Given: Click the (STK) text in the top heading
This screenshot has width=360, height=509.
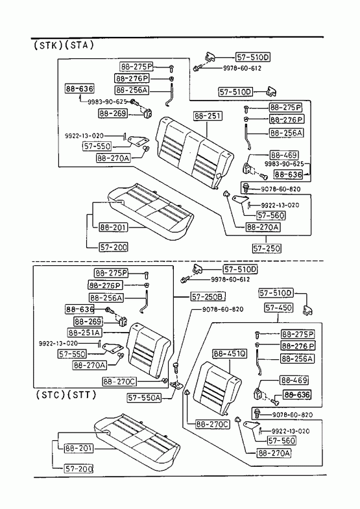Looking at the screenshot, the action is pyautogui.click(x=49, y=45).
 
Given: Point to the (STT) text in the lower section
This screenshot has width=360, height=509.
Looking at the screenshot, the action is pyautogui.click(x=82, y=395).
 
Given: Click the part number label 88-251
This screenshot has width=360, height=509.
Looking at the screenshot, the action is pyautogui.click(x=208, y=116).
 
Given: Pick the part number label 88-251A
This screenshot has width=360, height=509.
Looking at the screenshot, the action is pyautogui.click(x=85, y=333).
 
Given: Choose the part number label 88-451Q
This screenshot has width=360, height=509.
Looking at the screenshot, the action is pyautogui.click(x=230, y=353).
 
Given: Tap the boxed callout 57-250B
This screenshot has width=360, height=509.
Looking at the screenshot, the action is pyautogui.click(x=208, y=297).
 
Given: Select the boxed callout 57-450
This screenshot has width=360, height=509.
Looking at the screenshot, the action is pyautogui.click(x=278, y=307).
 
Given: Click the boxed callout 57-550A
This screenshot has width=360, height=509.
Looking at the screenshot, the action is pyautogui.click(x=144, y=397).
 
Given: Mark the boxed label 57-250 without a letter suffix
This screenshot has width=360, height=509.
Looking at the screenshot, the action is pyautogui.click(x=267, y=248).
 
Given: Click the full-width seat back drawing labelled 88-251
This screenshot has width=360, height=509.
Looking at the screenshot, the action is pyautogui.click(x=194, y=152).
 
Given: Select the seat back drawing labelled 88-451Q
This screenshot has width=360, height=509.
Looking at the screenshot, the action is pyautogui.click(x=217, y=388).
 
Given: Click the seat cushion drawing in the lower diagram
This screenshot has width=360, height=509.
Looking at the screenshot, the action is pyautogui.click(x=137, y=438).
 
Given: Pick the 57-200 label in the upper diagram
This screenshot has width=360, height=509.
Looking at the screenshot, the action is pyautogui.click(x=114, y=247).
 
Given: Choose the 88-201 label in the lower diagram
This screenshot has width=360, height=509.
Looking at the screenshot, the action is pyautogui.click(x=79, y=448).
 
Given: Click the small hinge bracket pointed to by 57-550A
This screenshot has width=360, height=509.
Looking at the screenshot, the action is pyautogui.click(x=177, y=385).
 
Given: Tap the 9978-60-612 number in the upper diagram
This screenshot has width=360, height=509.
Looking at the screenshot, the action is pyautogui.click(x=242, y=68).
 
